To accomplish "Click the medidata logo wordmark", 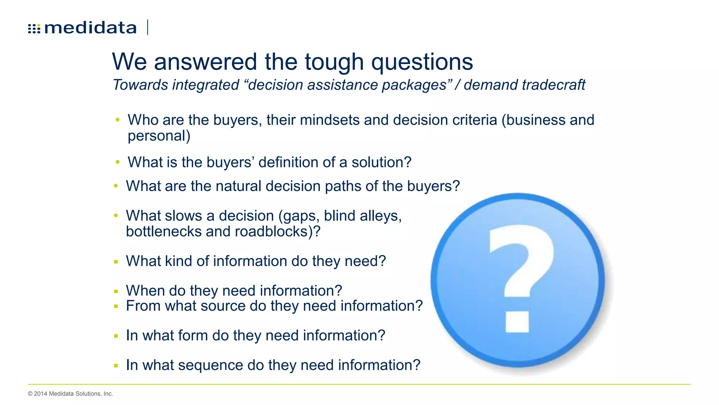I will pos(90,28).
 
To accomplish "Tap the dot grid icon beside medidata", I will pos(34,28).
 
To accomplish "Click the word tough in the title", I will pos(334,62).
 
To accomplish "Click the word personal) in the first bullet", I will pos(159,136).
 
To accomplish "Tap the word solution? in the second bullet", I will pos(381,162).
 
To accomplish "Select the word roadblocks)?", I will pos(277,232).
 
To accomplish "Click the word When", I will pos(145,291).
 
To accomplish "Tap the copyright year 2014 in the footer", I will pos(40,394).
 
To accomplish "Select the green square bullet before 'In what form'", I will pos(116,336).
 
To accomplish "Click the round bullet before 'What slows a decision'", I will pos(116,216).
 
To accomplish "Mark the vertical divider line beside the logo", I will pos(148,27).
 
